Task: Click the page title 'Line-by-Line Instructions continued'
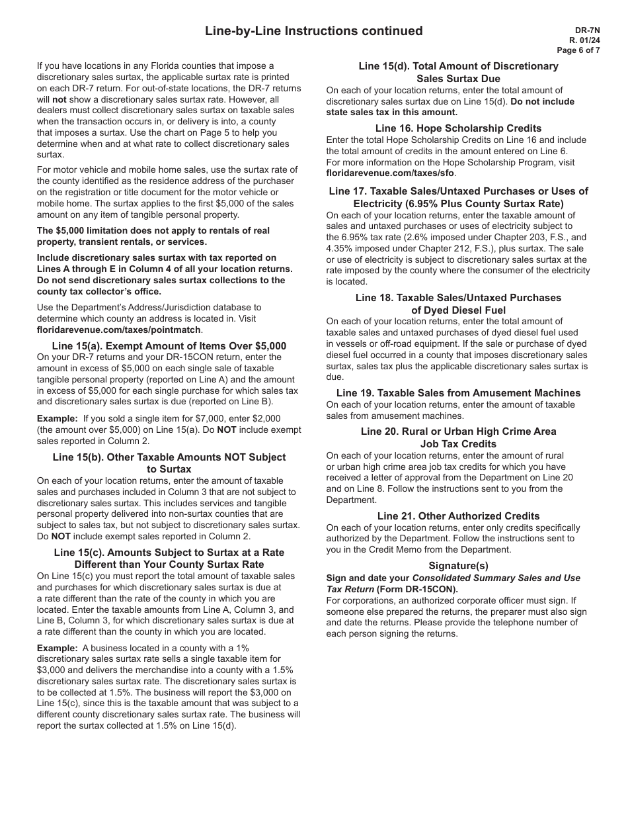pyautogui.click(x=313, y=31)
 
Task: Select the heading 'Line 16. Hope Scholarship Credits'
pyautogui.click(x=458, y=128)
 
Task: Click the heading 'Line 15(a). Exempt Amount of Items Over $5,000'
pyautogui.click(x=169, y=346)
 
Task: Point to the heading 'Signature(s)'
pyautogui.click(x=458, y=566)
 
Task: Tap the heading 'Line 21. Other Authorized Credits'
pyautogui.click(x=458, y=516)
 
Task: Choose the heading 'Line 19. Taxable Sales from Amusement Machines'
pyautogui.click(x=458, y=393)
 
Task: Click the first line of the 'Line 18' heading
pyautogui.click(x=458, y=298)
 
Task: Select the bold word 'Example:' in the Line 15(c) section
pyautogui.click(x=57, y=649)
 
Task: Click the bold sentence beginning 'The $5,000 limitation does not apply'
pyautogui.click(x=153, y=231)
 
